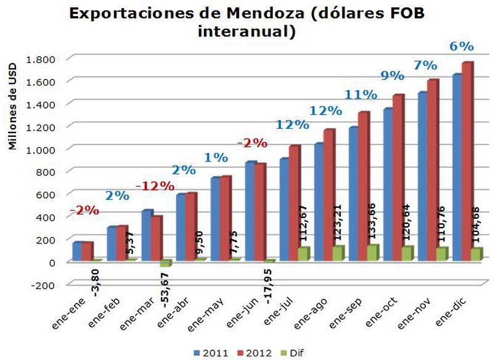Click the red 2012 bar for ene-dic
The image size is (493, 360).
(468, 160)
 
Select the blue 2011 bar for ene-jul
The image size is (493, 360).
(285, 210)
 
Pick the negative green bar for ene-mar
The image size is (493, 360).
(165, 263)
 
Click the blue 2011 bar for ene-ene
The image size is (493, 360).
(77, 251)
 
